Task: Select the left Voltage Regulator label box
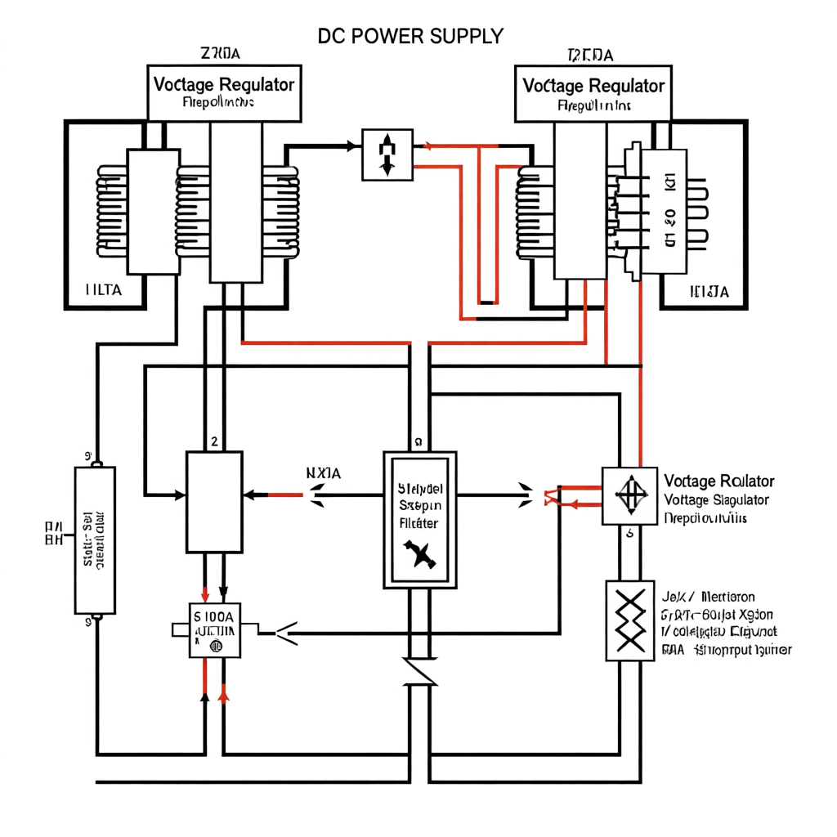(x=224, y=91)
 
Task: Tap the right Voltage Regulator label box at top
(x=593, y=92)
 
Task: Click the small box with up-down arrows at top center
(x=387, y=154)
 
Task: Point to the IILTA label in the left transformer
(x=104, y=290)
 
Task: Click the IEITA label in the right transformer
(x=709, y=291)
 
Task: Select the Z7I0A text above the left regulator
(x=221, y=54)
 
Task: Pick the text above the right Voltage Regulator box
(x=590, y=55)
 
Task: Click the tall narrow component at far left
(x=95, y=540)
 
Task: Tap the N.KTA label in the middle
(x=324, y=472)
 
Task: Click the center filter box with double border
(x=421, y=520)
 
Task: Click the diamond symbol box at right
(x=629, y=496)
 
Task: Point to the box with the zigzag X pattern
(x=629, y=620)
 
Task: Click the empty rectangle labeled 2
(x=214, y=502)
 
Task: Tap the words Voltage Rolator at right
(x=719, y=481)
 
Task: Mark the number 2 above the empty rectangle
(x=214, y=441)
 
